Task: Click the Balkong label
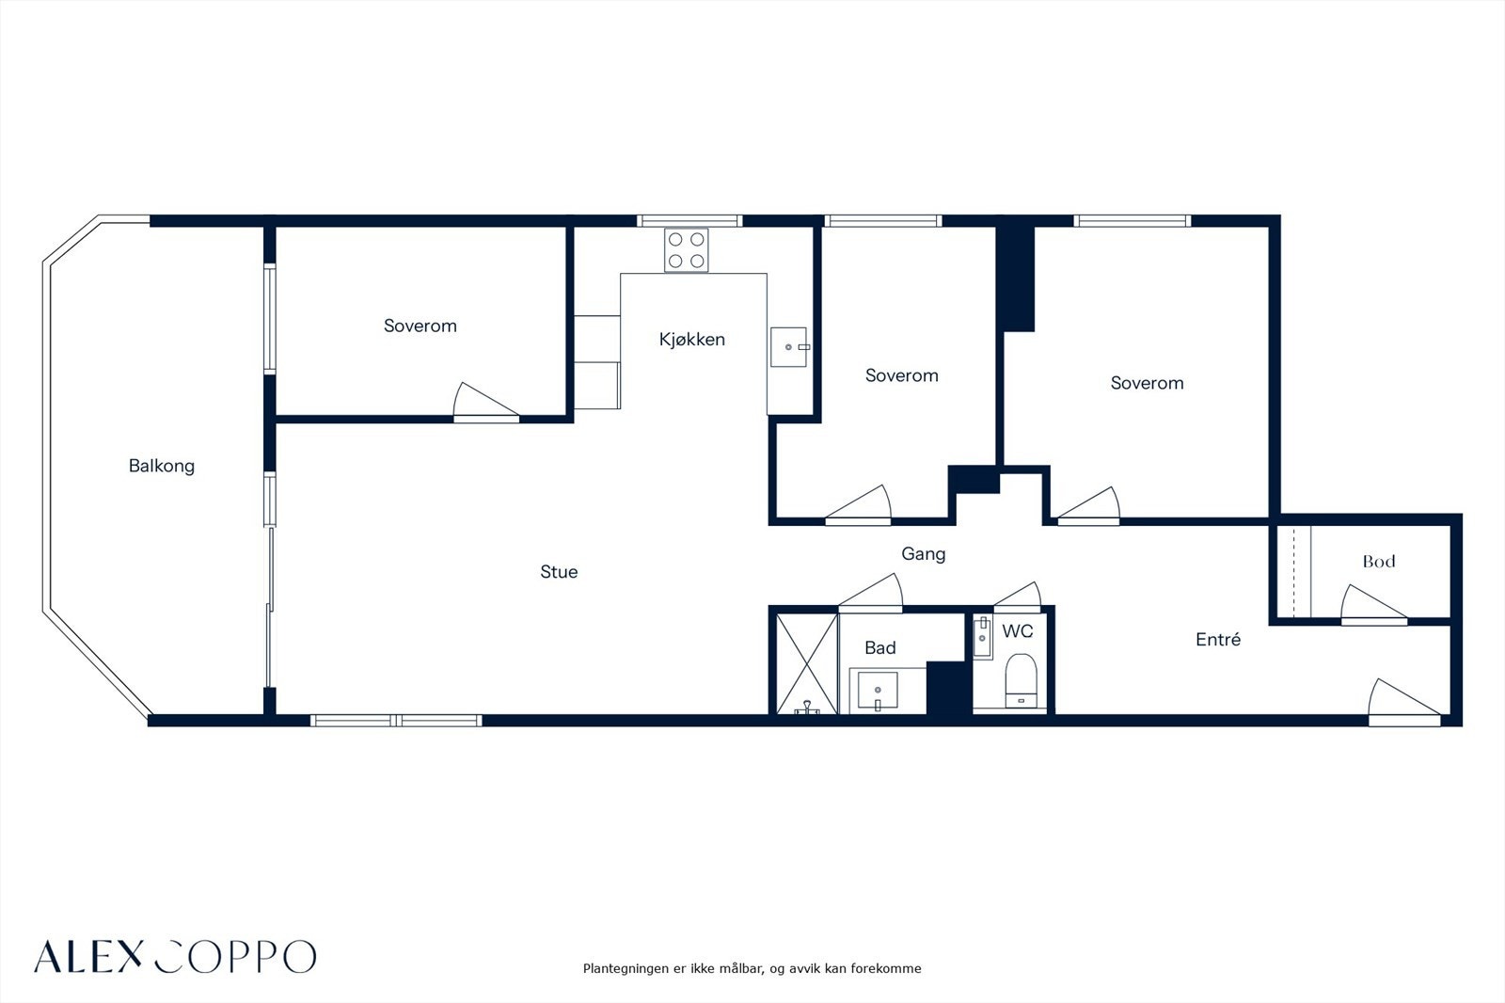(161, 466)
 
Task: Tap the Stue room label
(559, 571)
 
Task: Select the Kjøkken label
(692, 340)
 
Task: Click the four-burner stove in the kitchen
(686, 250)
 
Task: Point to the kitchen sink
(789, 347)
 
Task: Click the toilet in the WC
(1021, 680)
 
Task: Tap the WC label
(1017, 631)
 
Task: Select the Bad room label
(880, 648)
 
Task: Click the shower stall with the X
(807, 663)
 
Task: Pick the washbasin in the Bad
(877, 691)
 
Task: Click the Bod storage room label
(1379, 562)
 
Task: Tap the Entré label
(1218, 639)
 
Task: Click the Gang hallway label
(923, 554)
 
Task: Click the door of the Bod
(1374, 606)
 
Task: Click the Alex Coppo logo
(175, 956)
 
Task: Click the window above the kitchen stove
(690, 220)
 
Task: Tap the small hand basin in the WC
(982, 637)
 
